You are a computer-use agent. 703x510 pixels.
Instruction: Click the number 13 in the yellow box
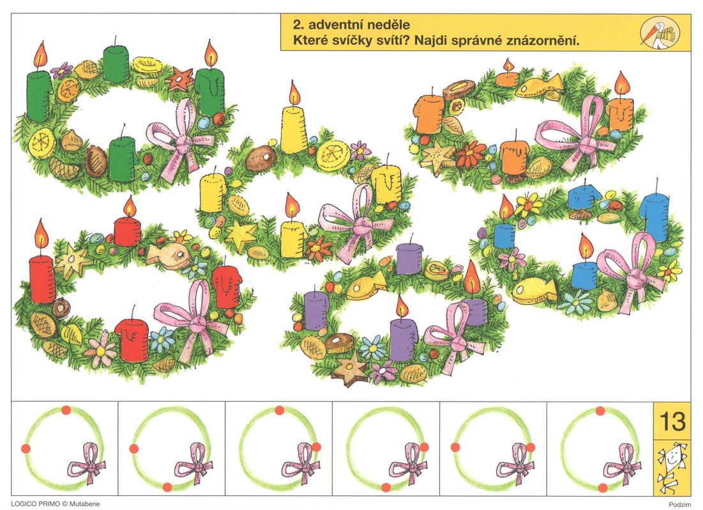tap(672, 421)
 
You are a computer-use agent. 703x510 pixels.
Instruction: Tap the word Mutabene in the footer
tap(84, 504)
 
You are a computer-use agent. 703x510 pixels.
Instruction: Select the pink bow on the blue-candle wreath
tap(633, 272)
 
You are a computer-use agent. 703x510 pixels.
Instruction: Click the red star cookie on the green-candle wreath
tap(180, 79)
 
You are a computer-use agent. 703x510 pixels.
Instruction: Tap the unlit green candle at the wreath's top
tap(116, 62)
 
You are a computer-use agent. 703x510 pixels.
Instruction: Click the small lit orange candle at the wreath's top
tap(508, 74)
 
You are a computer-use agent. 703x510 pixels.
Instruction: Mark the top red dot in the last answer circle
tap(600, 411)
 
